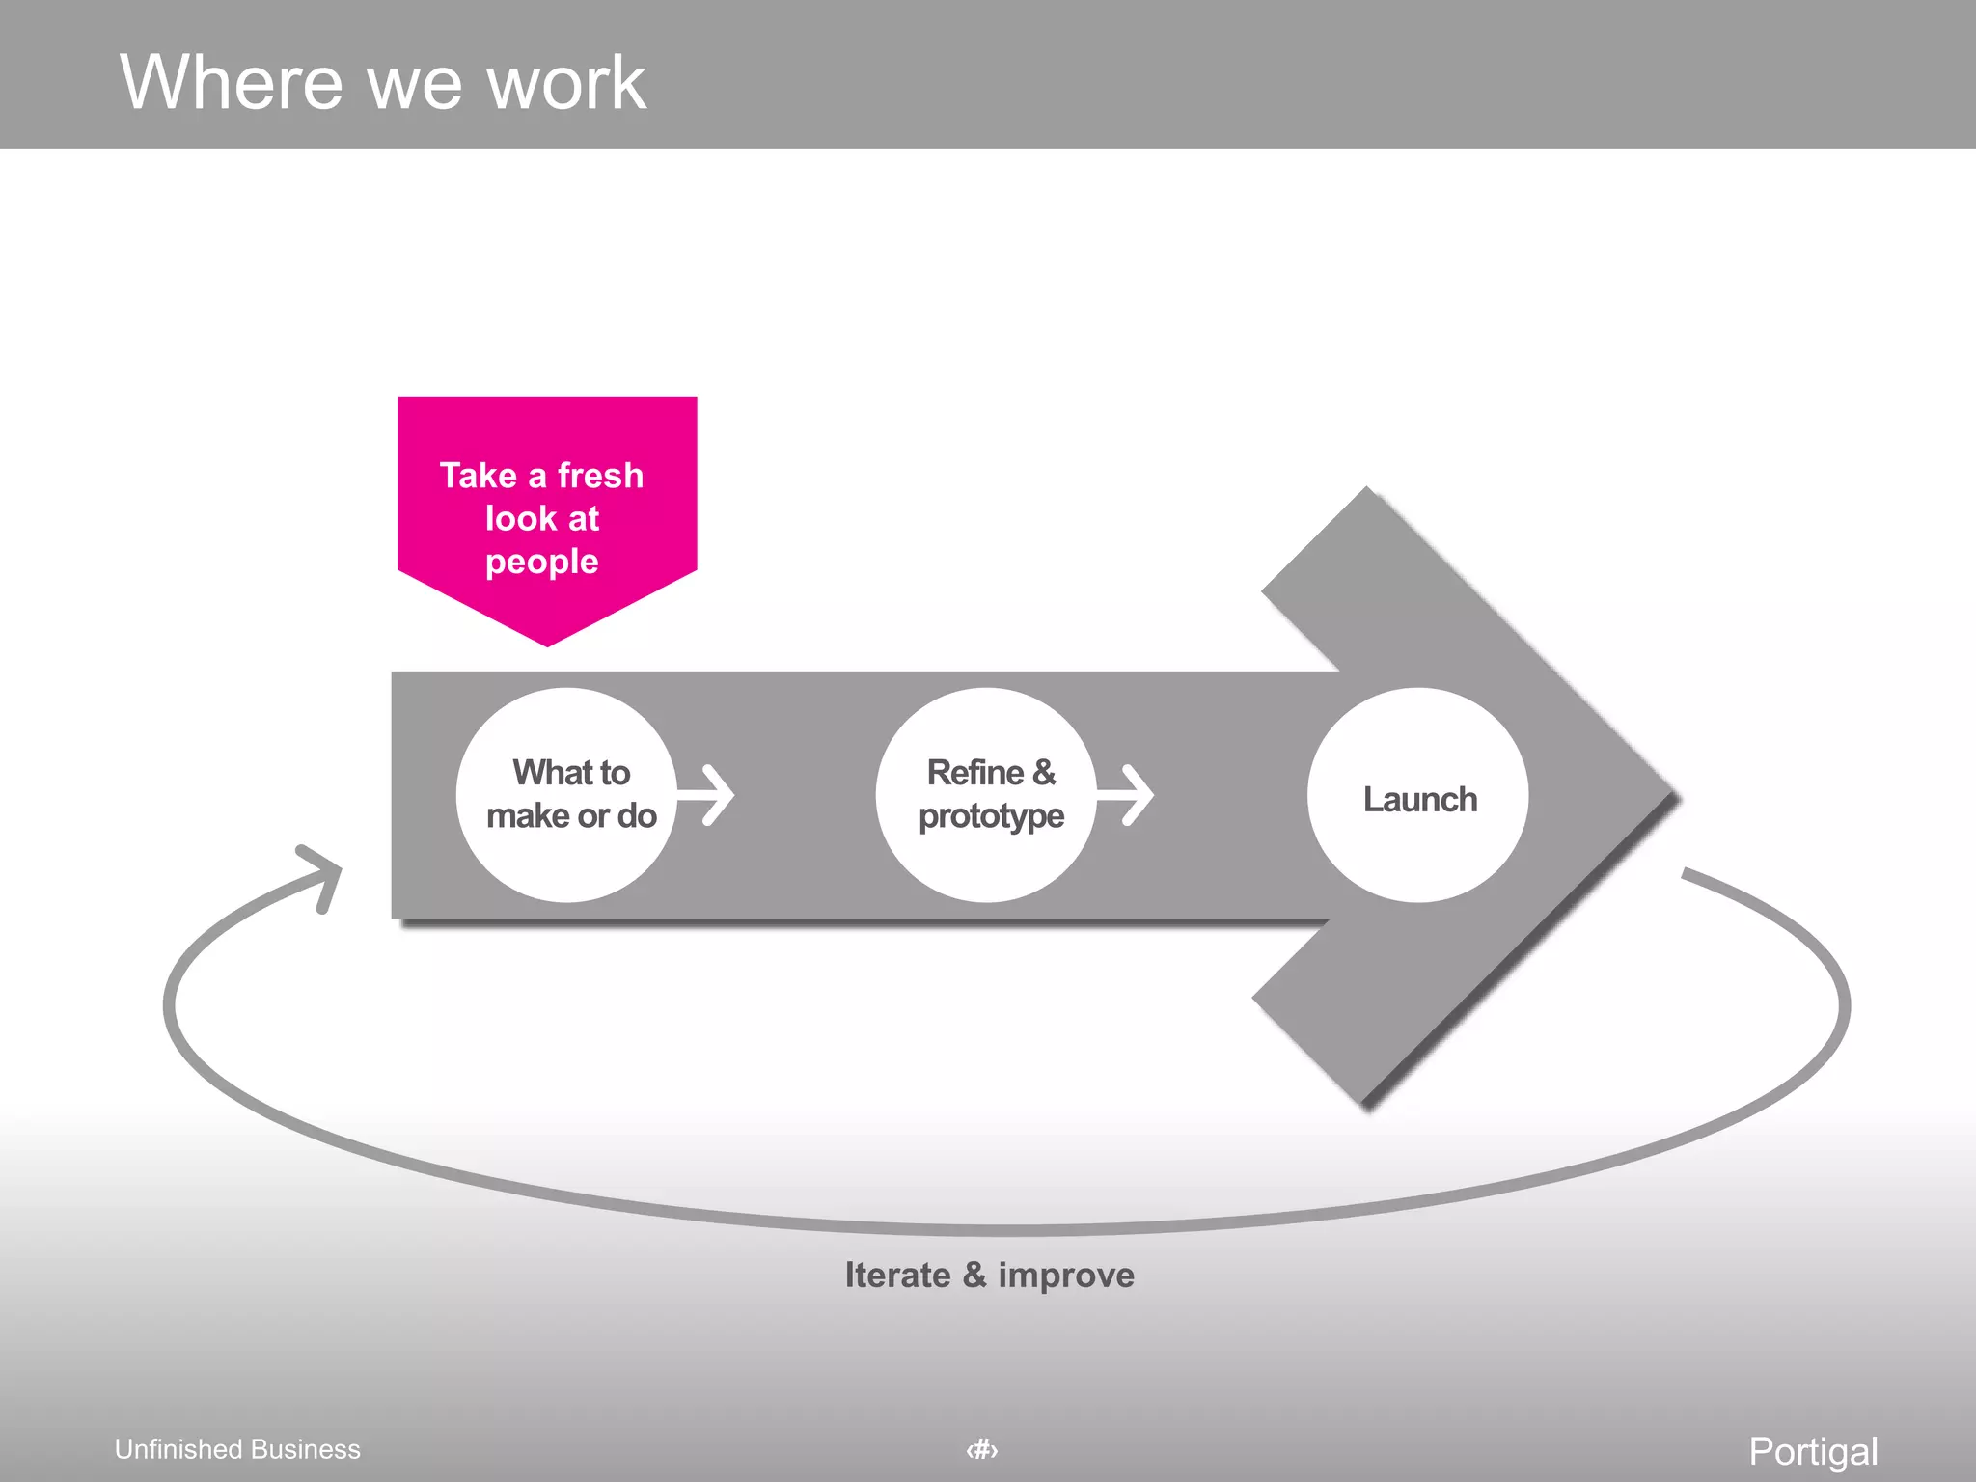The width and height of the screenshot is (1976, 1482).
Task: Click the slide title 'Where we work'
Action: tap(382, 83)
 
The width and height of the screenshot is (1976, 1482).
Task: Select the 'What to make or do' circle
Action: tap(567, 795)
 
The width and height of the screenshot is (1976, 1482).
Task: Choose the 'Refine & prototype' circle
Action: tap(987, 795)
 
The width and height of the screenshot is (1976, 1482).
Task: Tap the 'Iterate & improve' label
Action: tap(989, 1276)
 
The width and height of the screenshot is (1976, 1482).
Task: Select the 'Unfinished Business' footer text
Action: tap(237, 1449)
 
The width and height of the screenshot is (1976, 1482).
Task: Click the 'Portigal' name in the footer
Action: tap(1813, 1451)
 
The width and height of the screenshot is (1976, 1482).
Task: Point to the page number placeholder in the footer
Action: tap(982, 1449)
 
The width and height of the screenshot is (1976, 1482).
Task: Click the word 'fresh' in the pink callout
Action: tap(600, 476)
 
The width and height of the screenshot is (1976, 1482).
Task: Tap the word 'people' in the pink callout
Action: tap(542, 562)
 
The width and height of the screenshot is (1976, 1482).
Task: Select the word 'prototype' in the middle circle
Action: tap(991, 817)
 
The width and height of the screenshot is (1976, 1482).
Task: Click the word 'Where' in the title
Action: tap(232, 83)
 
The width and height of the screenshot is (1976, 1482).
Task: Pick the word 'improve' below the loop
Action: tap(1066, 1276)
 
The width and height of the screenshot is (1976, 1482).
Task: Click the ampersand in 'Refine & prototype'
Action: tap(1044, 773)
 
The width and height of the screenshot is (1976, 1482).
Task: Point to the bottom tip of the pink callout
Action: tap(547, 643)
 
